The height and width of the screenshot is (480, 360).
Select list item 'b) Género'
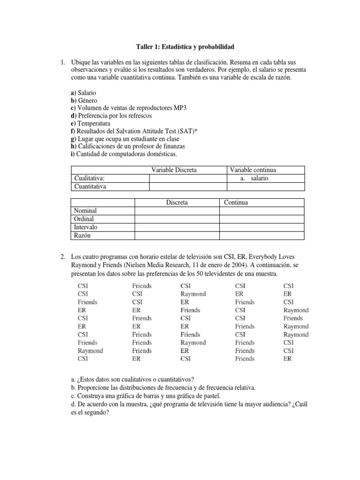[x=84, y=100]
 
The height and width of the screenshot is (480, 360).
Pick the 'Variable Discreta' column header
[x=173, y=170]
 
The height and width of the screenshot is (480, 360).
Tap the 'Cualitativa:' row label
[x=89, y=178]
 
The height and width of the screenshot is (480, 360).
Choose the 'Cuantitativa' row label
[x=90, y=187]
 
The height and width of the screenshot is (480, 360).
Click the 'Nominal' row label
[x=85, y=211]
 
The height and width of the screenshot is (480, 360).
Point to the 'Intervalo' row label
[x=86, y=227]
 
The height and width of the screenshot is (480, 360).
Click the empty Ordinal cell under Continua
[x=262, y=219]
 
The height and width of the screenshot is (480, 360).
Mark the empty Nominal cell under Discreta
[x=177, y=211]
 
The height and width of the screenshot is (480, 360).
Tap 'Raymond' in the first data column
[x=90, y=351]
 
